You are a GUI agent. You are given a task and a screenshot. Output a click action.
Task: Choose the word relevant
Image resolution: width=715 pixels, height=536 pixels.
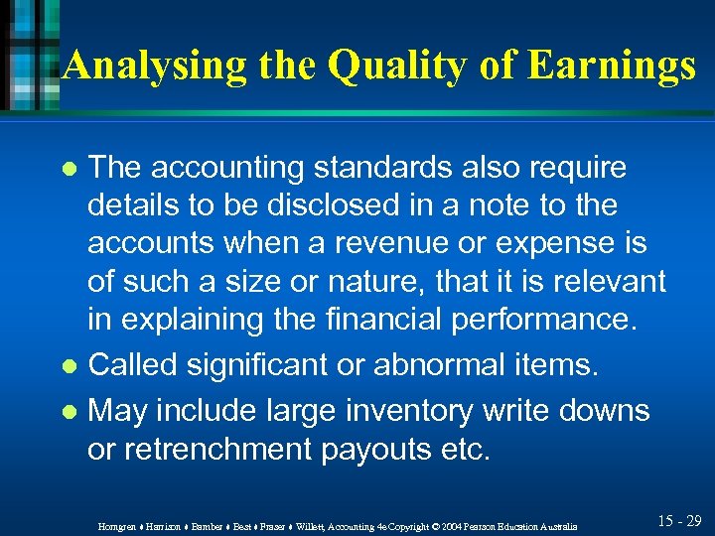click(605, 281)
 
